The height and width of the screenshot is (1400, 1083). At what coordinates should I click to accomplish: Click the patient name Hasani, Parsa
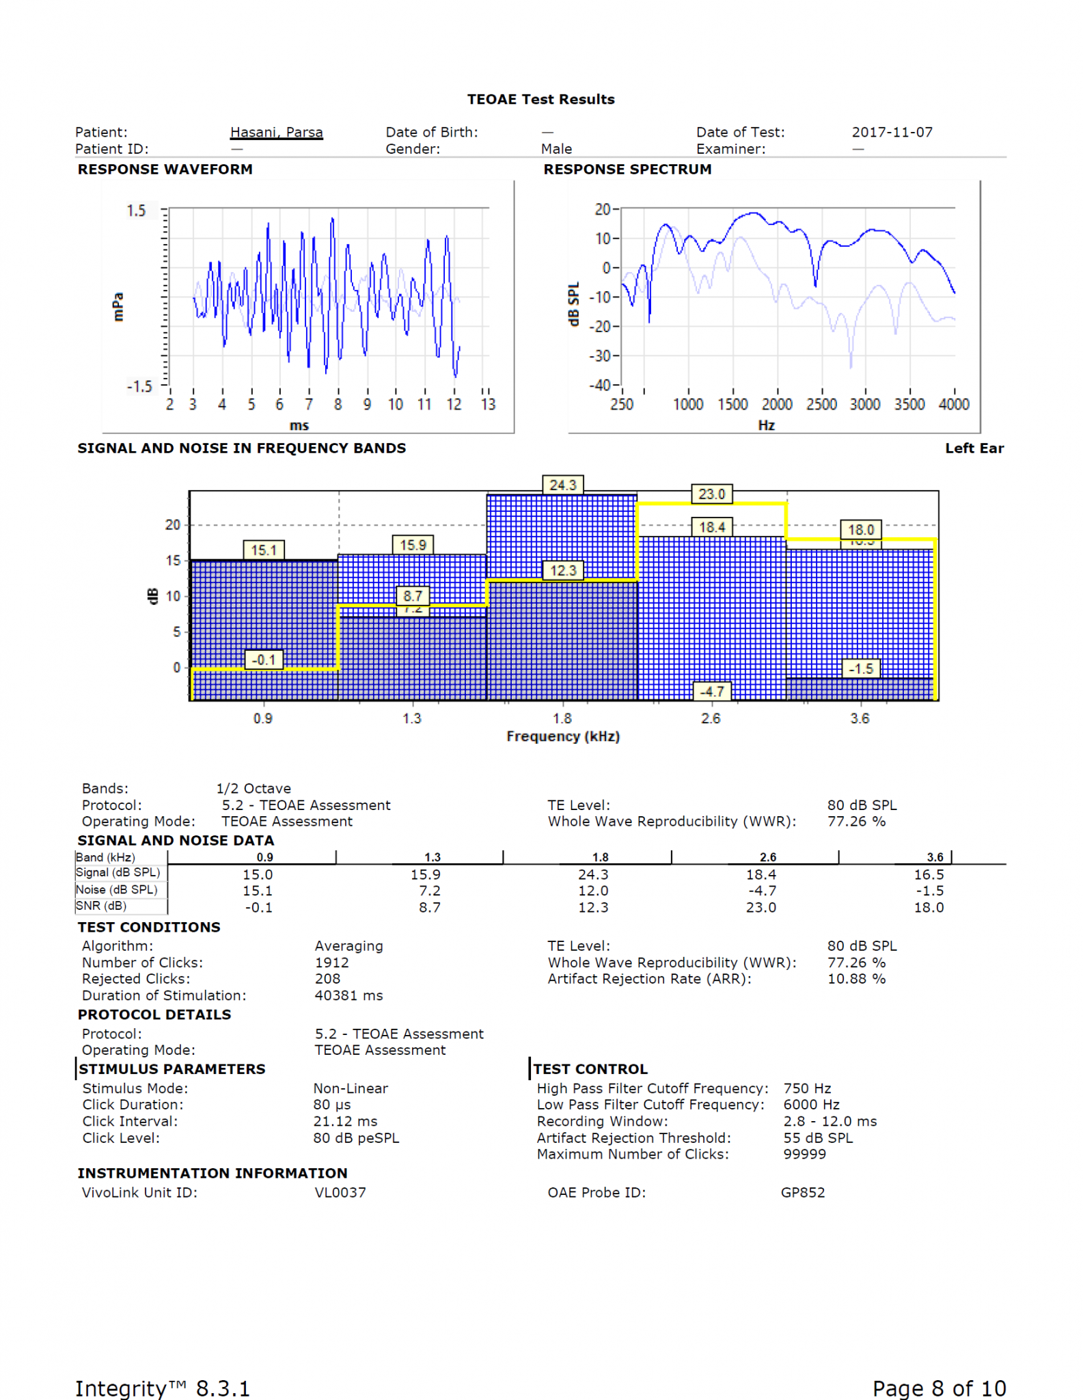[276, 132]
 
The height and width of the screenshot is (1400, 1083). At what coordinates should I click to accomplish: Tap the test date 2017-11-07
[892, 132]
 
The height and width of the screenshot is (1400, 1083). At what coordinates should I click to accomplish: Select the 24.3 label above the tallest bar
[562, 485]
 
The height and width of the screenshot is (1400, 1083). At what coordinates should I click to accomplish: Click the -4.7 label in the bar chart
[711, 692]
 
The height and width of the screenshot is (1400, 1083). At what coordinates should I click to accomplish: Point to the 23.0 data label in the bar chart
[711, 494]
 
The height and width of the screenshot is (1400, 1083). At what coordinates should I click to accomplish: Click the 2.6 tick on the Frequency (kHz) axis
[711, 718]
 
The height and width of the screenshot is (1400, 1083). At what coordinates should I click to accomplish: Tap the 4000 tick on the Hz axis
[954, 405]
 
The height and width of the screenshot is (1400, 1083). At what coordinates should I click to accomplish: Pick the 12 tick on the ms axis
[454, 405]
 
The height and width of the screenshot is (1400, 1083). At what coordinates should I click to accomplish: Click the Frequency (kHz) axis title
[563, 736]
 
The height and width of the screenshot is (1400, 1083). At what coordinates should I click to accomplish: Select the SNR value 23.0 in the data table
[760, 908]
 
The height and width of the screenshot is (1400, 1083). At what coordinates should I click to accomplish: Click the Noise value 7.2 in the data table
[429, 891]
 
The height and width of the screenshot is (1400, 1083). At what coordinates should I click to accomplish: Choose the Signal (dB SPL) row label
[118, 873]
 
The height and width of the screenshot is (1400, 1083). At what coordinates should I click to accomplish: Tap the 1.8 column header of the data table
[600, 857]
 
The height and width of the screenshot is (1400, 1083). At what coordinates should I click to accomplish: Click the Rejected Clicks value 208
[328, 979]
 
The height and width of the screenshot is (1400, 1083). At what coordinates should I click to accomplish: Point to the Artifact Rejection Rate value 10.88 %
[856, 979]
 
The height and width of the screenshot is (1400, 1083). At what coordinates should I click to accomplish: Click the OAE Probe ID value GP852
[803, 1193]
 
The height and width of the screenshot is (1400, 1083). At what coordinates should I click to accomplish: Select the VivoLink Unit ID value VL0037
[340, 1193]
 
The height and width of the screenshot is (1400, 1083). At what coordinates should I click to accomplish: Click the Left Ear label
[974, 448]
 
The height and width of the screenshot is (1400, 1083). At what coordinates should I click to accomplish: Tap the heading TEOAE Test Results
[540, 99]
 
